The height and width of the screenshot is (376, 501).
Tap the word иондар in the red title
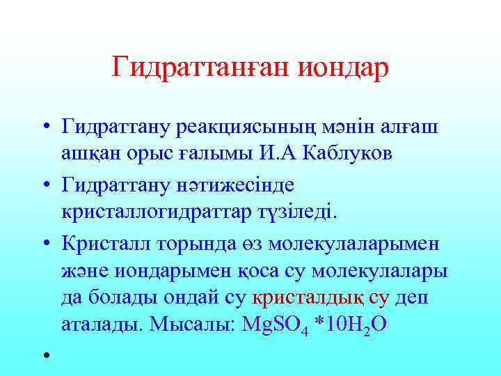tap(343, 68)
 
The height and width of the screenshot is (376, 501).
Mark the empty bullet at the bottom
tap(45, 356)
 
